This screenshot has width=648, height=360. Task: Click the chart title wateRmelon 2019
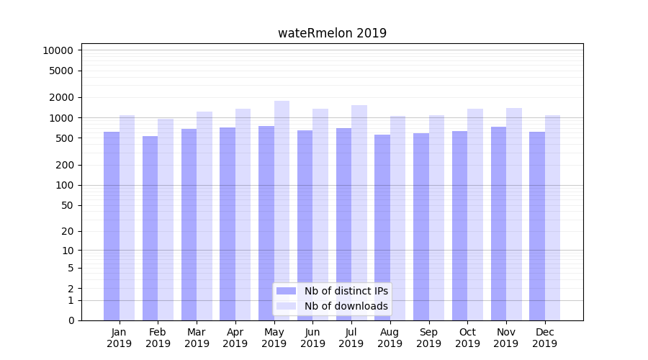coord(332,33)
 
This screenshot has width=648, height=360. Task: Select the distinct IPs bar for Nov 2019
coord(498,223)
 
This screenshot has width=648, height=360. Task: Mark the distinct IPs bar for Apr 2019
coord(228,224)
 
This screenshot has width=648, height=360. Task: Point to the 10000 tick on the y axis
coord(58,50)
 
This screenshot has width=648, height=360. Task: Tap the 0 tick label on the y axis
coord(71,320)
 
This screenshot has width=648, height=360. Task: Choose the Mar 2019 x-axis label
coord(197,338)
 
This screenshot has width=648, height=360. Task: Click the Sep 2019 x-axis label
coord(428,338)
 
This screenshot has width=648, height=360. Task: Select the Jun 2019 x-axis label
coord(312,338)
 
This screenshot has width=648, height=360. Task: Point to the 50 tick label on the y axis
coord(66,205)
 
